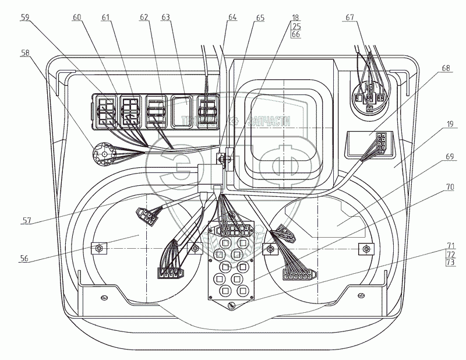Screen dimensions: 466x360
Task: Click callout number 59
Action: pyautogui.click(x=25, y=17)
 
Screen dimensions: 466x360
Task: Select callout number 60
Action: pyautogui.click(x=77, y=17)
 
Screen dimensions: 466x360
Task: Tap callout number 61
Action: pyautogui.click(x=105, y=17)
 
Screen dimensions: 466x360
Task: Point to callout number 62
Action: pyautogui.click(x=144, y=17)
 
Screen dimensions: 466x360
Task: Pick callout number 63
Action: pyautogui.click(x=165, y=17)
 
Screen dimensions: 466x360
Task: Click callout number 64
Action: pyautogui.click(x=232, y=17)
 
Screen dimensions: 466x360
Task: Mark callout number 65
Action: pyautogui.click(x=260, y=18)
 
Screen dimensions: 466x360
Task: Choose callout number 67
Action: pyautogui.click(x=350, y=17)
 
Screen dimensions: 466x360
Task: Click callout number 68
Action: pyautogui.click(x=446, y=68)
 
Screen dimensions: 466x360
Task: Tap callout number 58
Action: pyautogui.click(x=25, y=53)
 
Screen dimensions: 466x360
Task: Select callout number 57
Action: pyautogui.click(x=27, y=221)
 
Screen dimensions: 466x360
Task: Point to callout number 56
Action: pyautogui.click(x=24, y=258)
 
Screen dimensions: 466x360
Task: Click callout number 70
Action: pyautogui.click(x=450, y=187)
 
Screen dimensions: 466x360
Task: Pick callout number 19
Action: pyautogui.click(x=450, y=124)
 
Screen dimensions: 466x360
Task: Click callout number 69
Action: pyautogui.click(x=450, y=156)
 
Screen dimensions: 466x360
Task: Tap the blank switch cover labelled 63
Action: pyautogui.click(x=182, y=111)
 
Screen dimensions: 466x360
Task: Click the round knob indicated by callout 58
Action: pyautogui.click(x=104, y=154)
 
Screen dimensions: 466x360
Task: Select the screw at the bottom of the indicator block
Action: pyautogui.click(x=231, y=305)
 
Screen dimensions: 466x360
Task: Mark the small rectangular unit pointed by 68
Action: pyautogui.click(x=370, y=144)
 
